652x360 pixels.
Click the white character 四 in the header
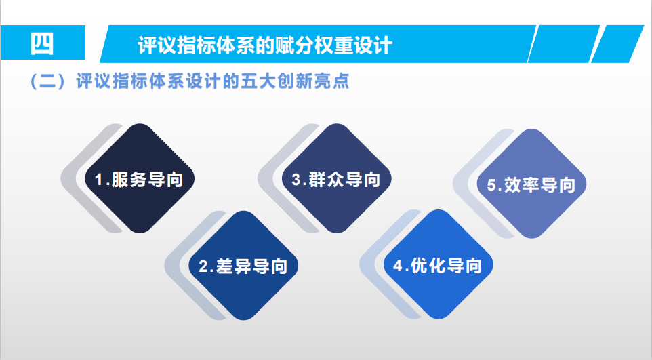(x=42, y=43)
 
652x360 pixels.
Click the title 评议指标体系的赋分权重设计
(x=265, y=45)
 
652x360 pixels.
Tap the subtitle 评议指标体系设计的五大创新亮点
(x=213, y=81)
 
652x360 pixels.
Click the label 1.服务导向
(x=140, y=180)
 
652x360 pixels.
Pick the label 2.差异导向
(x=243, y=266)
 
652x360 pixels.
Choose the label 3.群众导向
(x=336, y=180)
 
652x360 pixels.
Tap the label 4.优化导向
(x=437, y=266)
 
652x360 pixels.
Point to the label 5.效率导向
(x=531, y=185)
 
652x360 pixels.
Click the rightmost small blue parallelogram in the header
(x=617, y=43)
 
